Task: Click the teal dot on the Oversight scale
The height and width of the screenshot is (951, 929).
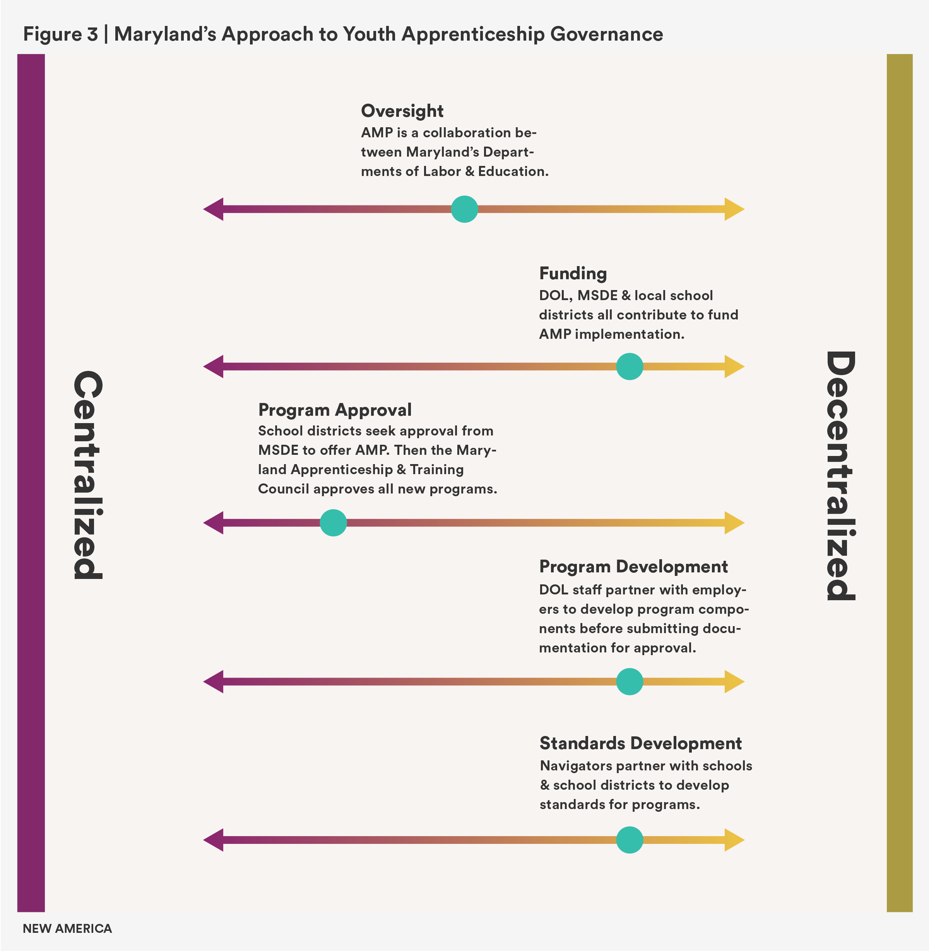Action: coord(464,209)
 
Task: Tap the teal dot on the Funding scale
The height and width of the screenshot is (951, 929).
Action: coord(630,366)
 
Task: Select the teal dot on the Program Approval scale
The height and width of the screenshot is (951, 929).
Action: coord(333,523)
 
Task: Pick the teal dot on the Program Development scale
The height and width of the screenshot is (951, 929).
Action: coord(630,681)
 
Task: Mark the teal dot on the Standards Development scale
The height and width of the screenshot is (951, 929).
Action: coord(630,840)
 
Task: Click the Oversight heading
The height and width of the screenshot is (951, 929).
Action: coord(402,111)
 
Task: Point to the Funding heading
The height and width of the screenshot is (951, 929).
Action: coord(573,273)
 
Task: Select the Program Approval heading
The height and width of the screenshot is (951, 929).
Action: coord(335,410)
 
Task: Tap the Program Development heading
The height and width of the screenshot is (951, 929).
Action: coord(633,567)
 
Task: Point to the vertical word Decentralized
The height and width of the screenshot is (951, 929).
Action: coord(840,476)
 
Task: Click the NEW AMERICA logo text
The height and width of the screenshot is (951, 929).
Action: coord(67,929)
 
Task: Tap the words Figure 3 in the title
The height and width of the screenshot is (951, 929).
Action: coord(60,34)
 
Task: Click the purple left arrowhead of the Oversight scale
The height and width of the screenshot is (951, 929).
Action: coord(214,209)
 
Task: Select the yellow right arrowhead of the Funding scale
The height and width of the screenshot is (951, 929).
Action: coord(734,366)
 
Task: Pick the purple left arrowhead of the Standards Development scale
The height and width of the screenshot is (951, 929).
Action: coord(214,840)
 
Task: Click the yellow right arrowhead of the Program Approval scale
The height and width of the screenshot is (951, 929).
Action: coord(734,523)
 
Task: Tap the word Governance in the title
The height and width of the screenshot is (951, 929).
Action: coord(606,34)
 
